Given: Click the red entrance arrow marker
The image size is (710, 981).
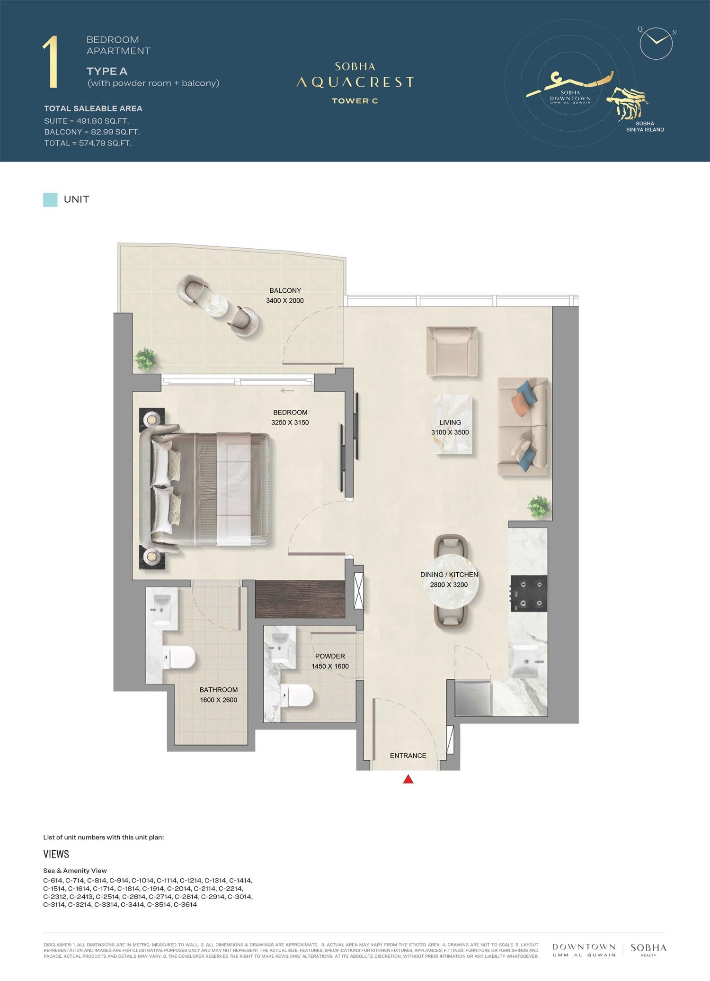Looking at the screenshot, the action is point(408,779).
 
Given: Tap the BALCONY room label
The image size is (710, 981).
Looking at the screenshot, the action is point(285,290).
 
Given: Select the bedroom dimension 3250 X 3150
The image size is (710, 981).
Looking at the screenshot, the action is point(290,423).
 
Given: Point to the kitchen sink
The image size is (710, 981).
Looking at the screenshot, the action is point(526,662).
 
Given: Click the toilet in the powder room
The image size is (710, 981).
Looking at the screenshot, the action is point(297,696).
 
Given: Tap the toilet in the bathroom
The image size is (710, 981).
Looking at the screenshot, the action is point(179,658).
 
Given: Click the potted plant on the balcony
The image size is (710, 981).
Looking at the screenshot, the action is point(145,360).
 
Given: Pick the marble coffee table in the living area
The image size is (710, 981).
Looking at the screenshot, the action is point(452,424).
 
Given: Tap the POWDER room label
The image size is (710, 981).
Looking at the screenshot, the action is point(330,656).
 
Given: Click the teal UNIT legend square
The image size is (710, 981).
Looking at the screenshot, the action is point(50,199).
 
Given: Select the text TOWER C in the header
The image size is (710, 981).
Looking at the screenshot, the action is point(355,101).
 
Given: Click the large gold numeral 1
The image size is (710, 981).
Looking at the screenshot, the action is point(51,63).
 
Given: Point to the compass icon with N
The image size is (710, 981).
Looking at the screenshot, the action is point(656,43).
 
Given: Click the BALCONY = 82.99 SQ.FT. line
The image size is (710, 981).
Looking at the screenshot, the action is point(92,132).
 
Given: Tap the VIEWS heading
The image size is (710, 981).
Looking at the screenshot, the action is point(56,854).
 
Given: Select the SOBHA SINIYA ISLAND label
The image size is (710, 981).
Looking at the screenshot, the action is point(645,126).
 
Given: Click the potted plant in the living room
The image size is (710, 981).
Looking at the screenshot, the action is point(539,507).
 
